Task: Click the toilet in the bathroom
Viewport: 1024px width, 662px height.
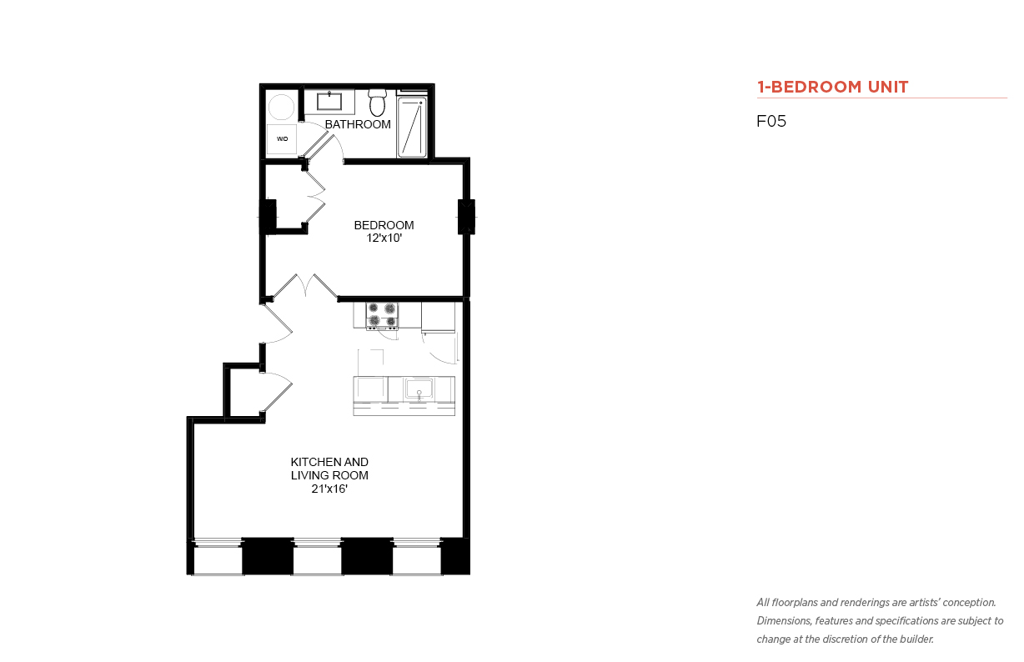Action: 378,103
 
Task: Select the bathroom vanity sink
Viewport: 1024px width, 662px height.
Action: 329,102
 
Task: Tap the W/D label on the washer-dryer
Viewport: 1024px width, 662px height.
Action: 282,138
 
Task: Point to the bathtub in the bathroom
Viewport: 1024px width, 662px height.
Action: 412,127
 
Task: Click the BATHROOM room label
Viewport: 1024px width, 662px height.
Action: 358,124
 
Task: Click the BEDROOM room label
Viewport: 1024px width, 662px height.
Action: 384,225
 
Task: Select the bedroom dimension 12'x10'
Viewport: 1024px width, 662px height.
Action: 384,238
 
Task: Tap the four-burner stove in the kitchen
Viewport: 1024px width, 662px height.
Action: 382,315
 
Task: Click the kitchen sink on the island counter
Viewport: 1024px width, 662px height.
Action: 419,389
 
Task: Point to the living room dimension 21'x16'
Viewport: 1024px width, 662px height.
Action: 329,489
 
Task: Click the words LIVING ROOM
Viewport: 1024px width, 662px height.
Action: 329,475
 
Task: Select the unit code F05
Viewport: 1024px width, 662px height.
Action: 771,121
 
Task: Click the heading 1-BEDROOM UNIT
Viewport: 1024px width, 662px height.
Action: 832,87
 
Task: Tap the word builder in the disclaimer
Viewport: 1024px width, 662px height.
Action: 916,639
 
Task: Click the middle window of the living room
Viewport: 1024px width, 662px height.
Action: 317,557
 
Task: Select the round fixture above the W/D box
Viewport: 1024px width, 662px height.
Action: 281,107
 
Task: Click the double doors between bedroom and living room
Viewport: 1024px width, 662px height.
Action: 305,286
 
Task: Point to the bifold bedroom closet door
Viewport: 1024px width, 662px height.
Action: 315,197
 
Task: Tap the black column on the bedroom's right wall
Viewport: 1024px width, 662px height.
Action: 466,217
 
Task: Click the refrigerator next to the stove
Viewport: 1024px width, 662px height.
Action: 438,316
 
